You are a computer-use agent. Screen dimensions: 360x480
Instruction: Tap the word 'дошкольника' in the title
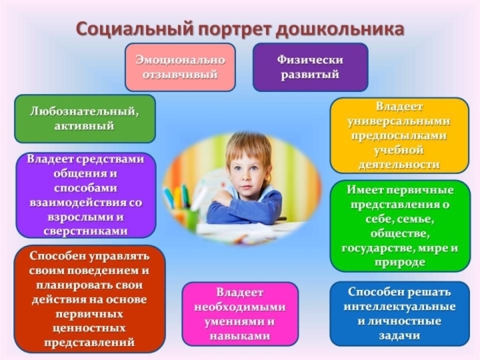[x=349, y=28]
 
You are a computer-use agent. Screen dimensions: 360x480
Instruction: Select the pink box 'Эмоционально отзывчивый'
[x=180, y=67]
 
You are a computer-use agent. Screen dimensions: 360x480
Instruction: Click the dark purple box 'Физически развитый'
[x=310, y=67]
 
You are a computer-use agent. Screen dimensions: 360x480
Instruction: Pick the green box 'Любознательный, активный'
[x=85, y=118]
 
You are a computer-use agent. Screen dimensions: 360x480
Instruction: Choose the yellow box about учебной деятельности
[x=399, y=136]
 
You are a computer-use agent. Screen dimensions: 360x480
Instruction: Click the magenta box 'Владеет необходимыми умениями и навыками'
[x=240, y=314]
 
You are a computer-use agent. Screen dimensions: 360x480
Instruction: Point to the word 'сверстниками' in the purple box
[x=86, y=230]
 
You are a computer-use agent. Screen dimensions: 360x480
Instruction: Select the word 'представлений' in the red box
[x=89, y=343]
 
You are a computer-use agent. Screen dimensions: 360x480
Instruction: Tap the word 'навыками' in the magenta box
[x=240, y=336]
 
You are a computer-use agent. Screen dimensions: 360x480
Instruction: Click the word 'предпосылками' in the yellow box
[x=399, y=136]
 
